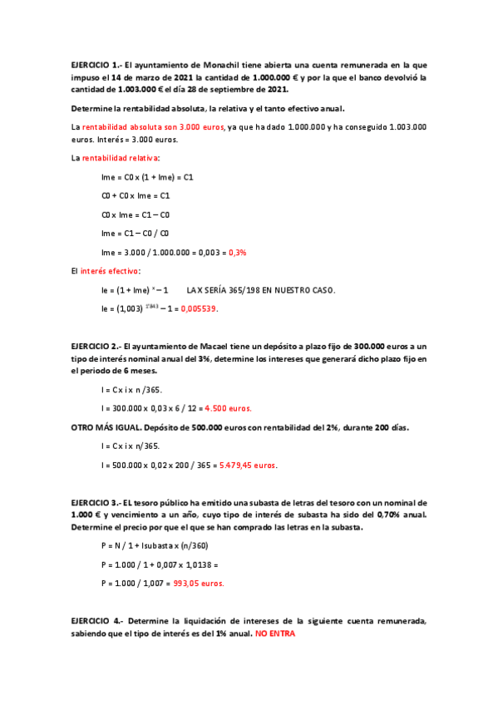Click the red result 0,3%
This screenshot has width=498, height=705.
(x=237, y=252)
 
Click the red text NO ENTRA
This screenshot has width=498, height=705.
(x=274, y=634)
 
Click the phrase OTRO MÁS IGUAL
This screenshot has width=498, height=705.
(x=106, y=427)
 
